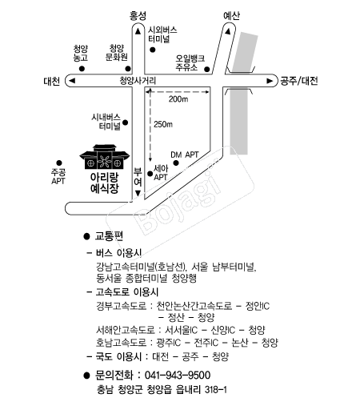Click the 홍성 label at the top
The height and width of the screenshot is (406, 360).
[x=138, y=16]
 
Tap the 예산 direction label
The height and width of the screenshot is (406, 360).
[x=231, y=16]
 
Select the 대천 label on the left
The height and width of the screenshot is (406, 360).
[x=52, y=81]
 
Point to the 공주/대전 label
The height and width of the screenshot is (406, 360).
[x=298, y=81]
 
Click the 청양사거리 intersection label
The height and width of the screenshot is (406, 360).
[x=138, y=81]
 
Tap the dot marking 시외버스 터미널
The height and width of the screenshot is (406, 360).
[x=153, y=50]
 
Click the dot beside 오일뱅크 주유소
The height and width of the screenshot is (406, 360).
[x=207, y=70]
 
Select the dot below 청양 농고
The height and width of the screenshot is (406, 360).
[x=82, y=69]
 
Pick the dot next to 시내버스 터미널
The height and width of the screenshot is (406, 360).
[x=125, y=123]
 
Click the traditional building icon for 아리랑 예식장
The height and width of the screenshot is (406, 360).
[x=105, y=157]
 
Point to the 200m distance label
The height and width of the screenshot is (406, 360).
[x=178, y=99]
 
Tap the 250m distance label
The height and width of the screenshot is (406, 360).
[x=163, y=124]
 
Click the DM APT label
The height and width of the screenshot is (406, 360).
[x=185, y=155]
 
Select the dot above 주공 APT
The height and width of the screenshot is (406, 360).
[x=59, y=163]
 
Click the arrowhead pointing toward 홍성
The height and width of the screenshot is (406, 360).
[x=138, y=31]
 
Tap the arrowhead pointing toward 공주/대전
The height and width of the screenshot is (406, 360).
[x=270, y=81]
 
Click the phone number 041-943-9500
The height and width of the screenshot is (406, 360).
[x=178, y=375]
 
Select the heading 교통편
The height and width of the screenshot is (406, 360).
[x=109, y=236]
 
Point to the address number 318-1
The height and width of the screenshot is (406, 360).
[x=216, y=390]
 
